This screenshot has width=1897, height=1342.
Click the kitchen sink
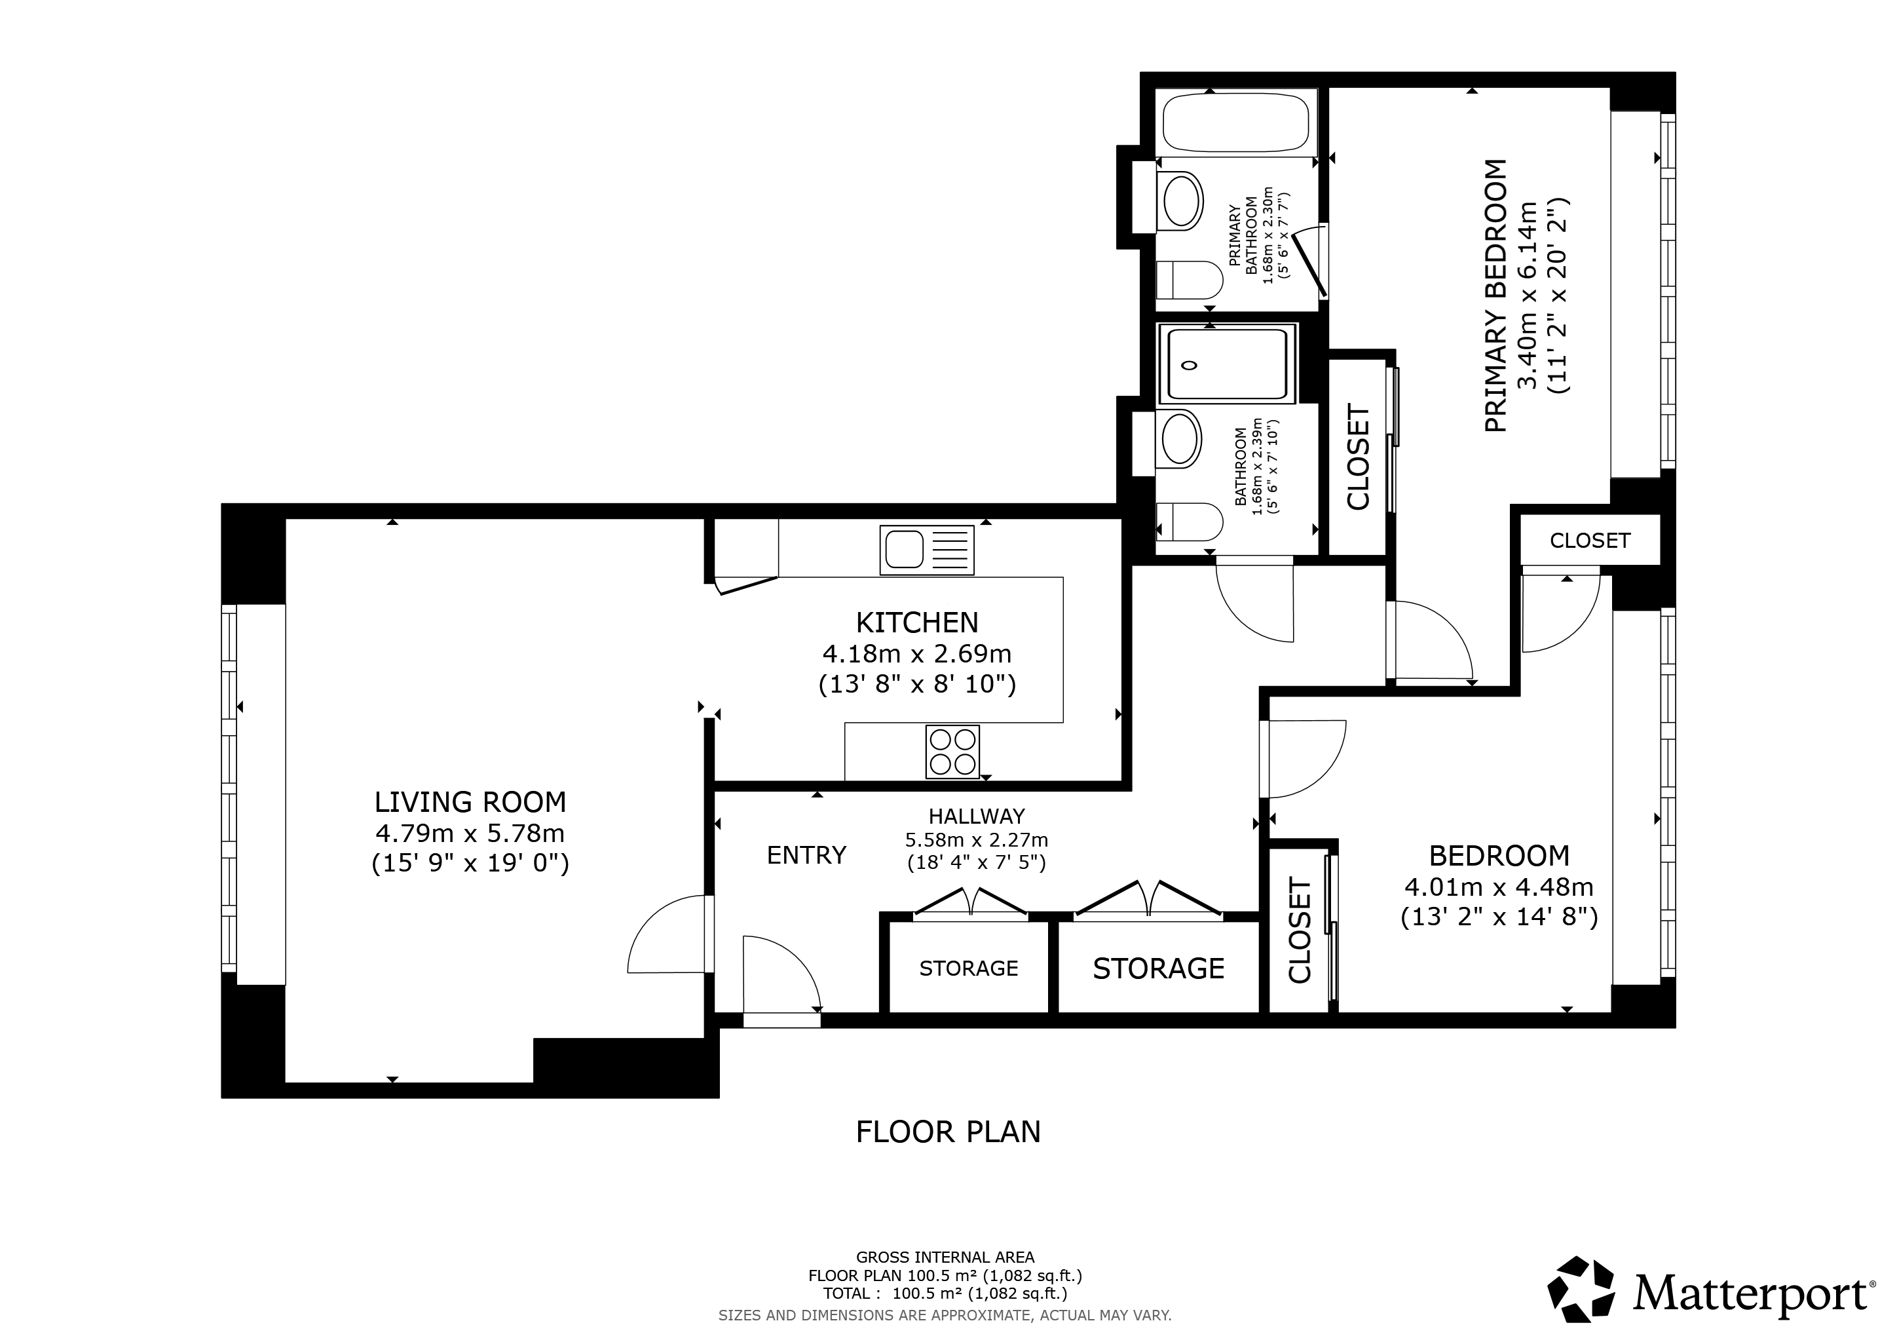tap(927, 550)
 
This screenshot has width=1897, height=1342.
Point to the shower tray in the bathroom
tap(1228, 364)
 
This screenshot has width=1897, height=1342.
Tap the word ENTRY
tap(806, 854)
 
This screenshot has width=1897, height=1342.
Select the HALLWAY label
tap(977, 816)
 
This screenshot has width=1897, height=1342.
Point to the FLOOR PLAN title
tap(948, 1131)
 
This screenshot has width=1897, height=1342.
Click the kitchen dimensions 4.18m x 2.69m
tap(917, 654)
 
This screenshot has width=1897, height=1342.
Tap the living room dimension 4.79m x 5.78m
tap(470, 832)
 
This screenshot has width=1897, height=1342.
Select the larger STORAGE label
tap(1158, 968)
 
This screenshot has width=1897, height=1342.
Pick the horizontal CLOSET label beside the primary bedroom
tap(1590, 541)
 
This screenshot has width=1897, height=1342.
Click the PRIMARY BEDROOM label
tap(1496, 295)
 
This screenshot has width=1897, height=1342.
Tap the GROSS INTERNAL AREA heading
tap(945, 1257)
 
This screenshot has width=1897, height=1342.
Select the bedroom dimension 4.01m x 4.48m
tap(1499, 887)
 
